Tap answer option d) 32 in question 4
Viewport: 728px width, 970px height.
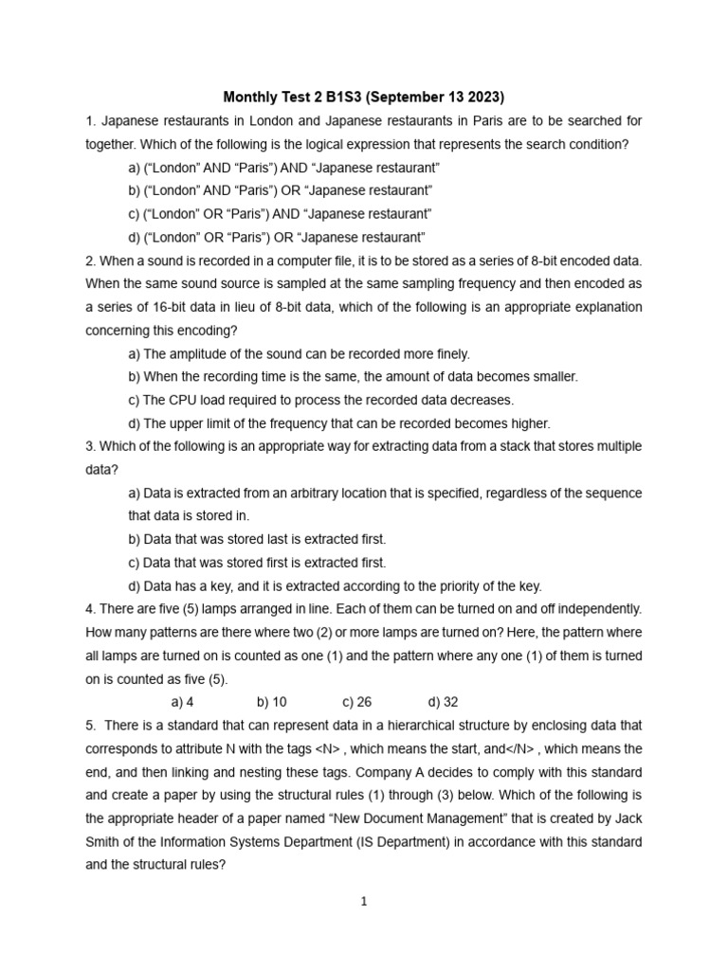point(443,702)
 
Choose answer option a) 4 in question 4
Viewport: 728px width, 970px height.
point(182,702)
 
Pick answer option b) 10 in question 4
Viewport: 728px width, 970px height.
point(271,702)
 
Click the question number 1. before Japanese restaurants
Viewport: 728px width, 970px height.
point(90,121)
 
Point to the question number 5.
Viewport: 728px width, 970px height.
point(91,726)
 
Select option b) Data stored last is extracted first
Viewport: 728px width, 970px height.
point(257,539)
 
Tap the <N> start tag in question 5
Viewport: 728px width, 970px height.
point(328,748)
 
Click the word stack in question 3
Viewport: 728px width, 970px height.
point(478,446)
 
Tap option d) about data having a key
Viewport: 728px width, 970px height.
point(335,585)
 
